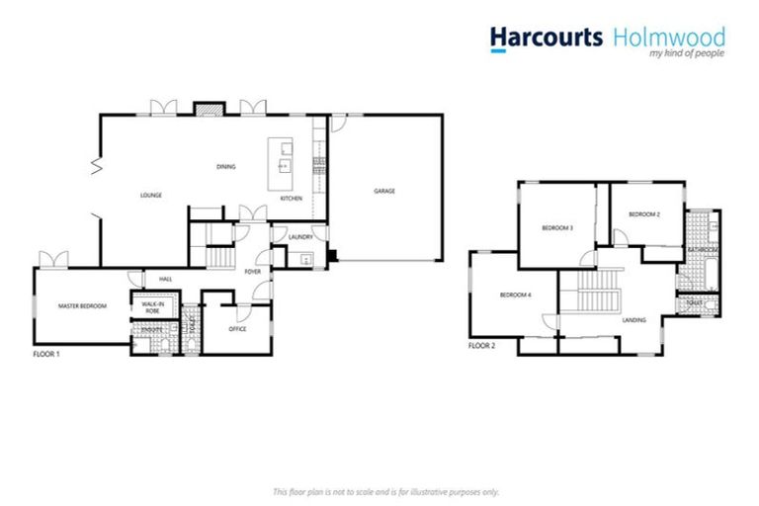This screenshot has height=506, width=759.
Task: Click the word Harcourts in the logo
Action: [546, 37]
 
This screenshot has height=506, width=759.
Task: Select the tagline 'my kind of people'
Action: [687, 54]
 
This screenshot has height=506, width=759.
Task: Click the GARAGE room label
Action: [383, 191]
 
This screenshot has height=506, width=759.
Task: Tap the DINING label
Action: [226, 166]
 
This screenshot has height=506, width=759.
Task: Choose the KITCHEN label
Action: [291, 199]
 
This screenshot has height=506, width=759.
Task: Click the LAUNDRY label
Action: [300, 237]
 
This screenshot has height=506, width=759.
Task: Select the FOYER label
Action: [253, 270]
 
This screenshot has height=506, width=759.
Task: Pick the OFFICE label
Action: [237, 329]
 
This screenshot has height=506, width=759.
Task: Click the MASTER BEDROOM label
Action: [81, 306]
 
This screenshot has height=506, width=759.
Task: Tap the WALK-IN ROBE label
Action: [151, 307]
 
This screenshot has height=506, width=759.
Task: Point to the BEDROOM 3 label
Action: [557, 228]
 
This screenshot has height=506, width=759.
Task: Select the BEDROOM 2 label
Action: [644, 213]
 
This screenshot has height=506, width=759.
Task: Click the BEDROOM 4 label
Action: [515, 295]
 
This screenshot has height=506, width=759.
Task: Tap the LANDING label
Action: [633, 320]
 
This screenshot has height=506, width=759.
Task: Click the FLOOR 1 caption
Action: [46, 352]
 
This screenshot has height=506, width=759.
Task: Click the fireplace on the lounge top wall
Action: [208, 107]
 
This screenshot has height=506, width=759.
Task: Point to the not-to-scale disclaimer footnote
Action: [385, 491]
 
